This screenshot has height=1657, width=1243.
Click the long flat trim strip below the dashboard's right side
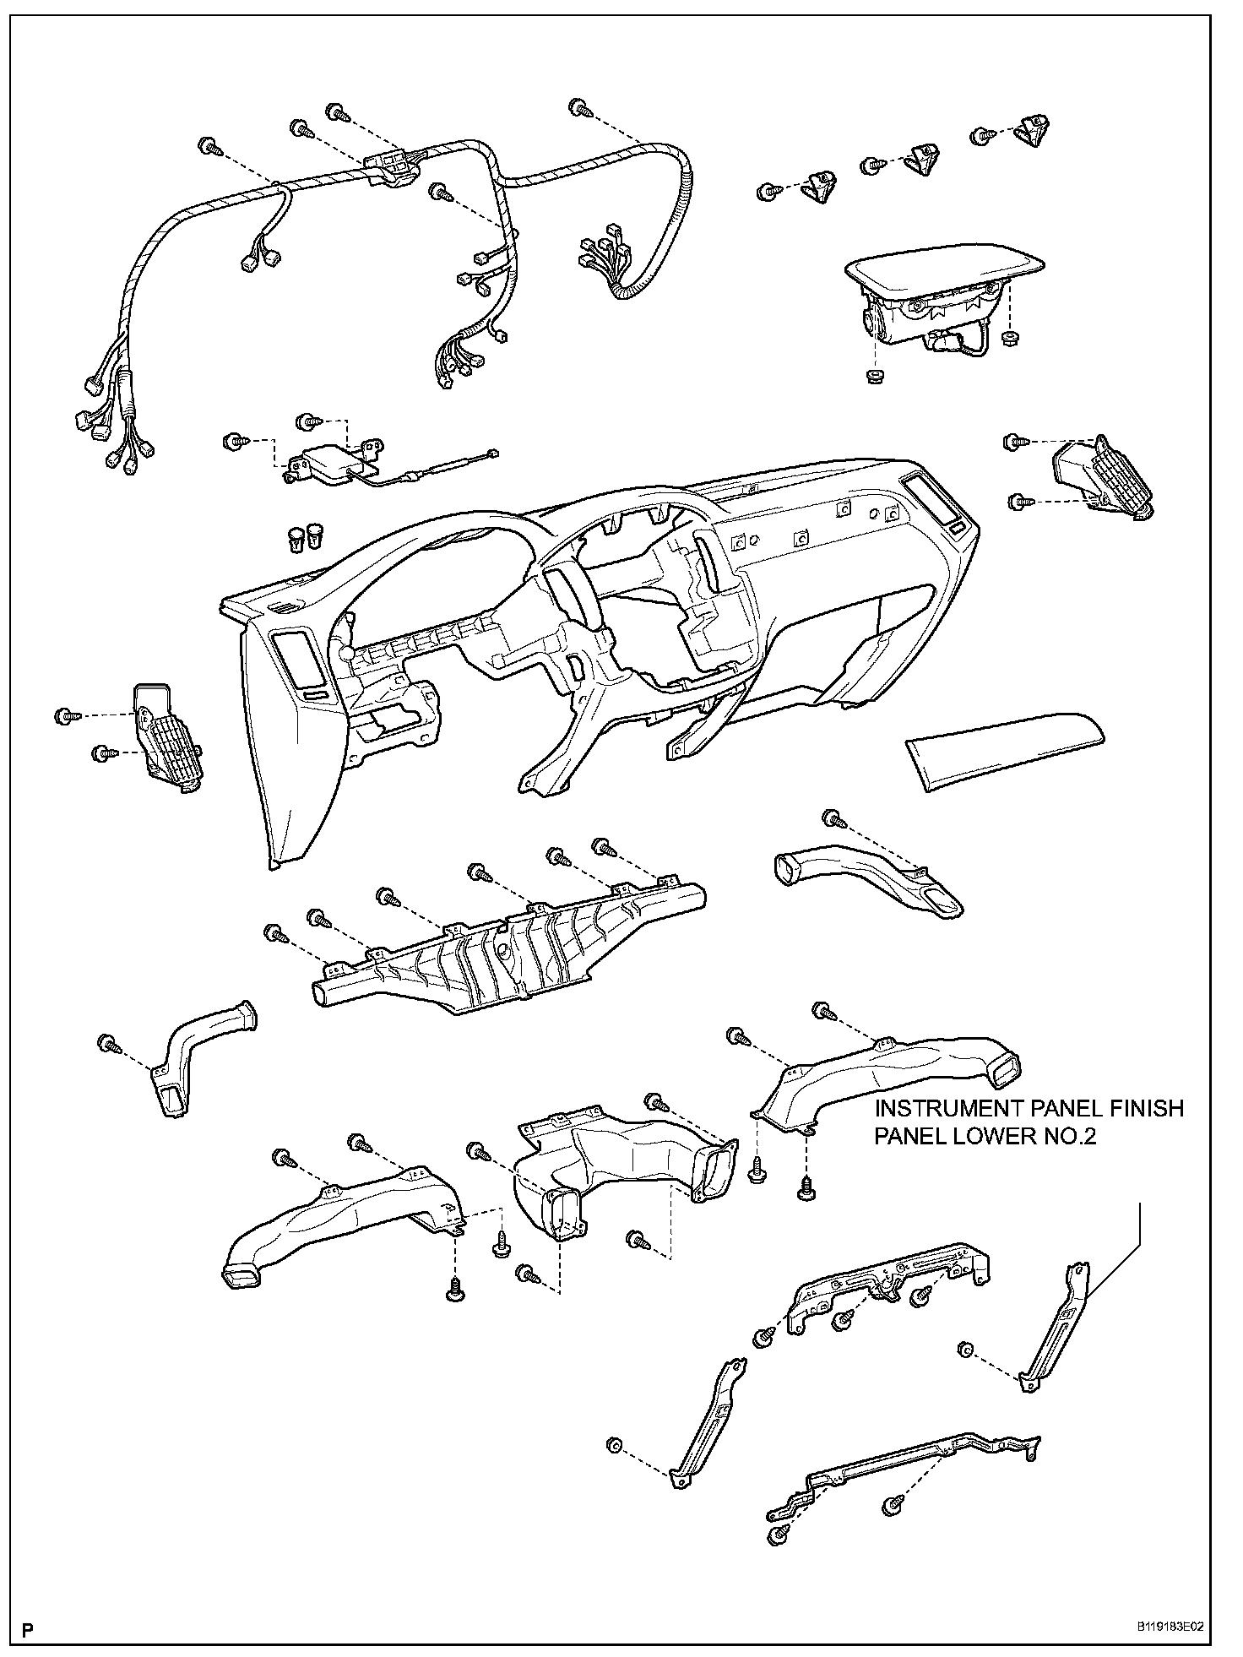click(x=1005, y=750)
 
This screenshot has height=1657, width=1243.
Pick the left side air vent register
click(x=166, y=738)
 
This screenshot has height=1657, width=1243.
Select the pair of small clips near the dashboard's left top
click(x=305, y=535)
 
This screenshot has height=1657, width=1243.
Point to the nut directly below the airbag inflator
click(x=875, y=374)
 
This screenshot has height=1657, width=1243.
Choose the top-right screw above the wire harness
click(x=579, y=108)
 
